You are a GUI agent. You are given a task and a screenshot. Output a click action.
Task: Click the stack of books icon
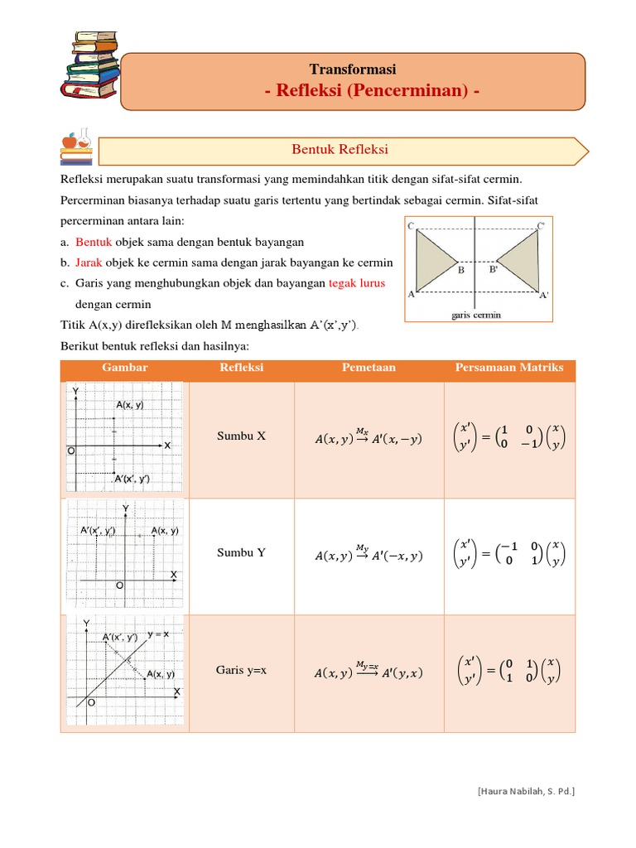pos(89,64)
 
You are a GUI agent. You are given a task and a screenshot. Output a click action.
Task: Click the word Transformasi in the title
pos(353,69)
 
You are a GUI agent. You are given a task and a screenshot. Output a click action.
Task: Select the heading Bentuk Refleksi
pos(340,149)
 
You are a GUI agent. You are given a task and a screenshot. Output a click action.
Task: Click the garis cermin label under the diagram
pos(476,315)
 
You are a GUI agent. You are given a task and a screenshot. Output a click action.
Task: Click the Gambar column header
pos(124,368)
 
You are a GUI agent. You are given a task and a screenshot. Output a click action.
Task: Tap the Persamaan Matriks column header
pos(509,368)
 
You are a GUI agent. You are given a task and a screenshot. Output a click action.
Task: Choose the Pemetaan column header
pos(369,368)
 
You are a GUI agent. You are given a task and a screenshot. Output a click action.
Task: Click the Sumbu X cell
pos(241,436)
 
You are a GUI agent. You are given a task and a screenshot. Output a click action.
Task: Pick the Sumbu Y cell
pos(241,552)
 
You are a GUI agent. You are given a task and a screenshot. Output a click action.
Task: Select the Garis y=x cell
pos(241,670)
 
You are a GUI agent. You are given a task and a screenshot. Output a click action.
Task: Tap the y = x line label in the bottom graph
pos(159,634)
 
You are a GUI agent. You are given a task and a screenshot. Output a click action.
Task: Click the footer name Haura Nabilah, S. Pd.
pos(526,792)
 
